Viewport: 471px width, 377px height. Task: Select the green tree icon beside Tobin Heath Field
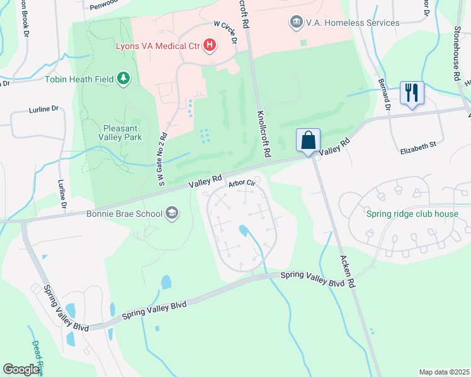(124, 79)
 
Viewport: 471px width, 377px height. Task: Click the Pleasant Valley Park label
(120, 131)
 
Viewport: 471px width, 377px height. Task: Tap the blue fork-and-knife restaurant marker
(412, 92)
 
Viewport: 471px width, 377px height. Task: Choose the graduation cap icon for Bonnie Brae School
(171, 214)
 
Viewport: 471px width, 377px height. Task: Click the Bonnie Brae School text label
(125, 214)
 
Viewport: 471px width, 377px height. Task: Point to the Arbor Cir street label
(241, 183)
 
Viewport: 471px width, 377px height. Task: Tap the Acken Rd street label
(348, 271)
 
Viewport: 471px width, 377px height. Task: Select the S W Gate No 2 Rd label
(162, 160)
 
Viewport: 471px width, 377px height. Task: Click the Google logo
(21, 369)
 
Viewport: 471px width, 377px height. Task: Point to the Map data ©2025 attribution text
(443, 372)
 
